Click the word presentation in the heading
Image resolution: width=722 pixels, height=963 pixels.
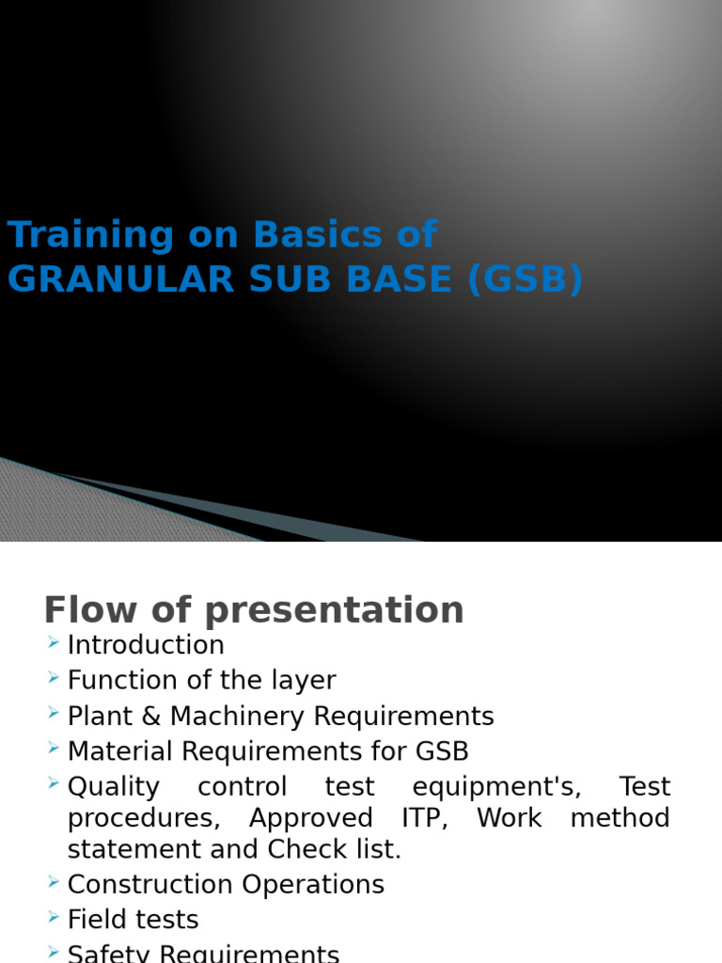pos(335,611)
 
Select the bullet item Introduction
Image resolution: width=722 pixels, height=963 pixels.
pos(146,645)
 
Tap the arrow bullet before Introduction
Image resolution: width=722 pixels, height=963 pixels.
pos(52,643)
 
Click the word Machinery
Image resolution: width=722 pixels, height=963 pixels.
pos(236,717)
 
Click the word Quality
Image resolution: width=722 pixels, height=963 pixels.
pos(113,787)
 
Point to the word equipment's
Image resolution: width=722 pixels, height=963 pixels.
pos(494,787)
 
